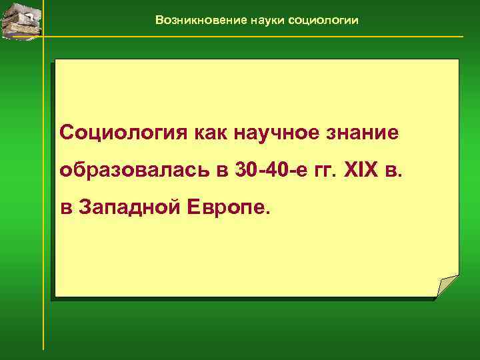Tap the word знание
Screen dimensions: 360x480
(x=362, y=133)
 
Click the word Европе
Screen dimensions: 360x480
(x=229, y=207)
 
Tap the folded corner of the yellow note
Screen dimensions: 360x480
(x=449, y=286)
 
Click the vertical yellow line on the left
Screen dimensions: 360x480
(x=43, y=200)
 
